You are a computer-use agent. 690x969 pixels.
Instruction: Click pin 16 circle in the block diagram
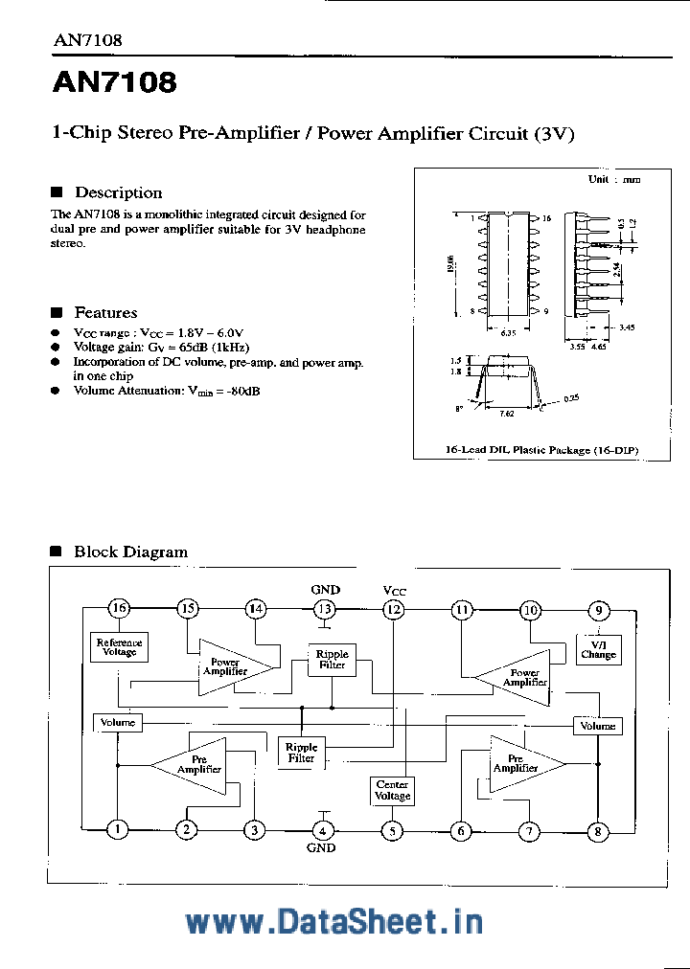(x=118, y=609)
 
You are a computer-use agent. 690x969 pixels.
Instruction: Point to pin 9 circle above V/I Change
(x=599, y=610)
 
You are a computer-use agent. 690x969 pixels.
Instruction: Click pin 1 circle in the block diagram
(x=117, y=830)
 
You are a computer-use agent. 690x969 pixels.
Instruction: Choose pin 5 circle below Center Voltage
(x=392, y=831)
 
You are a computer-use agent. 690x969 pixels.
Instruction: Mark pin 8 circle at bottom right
(x=598, y=831)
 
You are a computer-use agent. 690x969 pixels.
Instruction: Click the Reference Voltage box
(x=119, y=647)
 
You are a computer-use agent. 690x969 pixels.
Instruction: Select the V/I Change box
(x=598, y=650)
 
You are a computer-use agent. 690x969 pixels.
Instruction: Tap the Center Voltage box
(x=392, y=790)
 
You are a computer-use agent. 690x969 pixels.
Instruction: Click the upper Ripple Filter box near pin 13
(x=333, y=660)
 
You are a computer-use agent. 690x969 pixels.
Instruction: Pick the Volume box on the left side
(x=118, y=722)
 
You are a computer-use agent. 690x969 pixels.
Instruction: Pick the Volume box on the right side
(x=597, y=726)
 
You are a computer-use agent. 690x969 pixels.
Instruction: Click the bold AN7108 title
(x=114, y=83)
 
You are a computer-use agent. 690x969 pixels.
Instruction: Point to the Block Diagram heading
(x=130, y=552)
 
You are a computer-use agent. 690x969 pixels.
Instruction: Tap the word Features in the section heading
(x=105, y=312)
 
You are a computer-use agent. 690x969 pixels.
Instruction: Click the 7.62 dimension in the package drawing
(x=507, y=414)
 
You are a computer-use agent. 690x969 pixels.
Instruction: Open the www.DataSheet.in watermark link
(x=333, y=921)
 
